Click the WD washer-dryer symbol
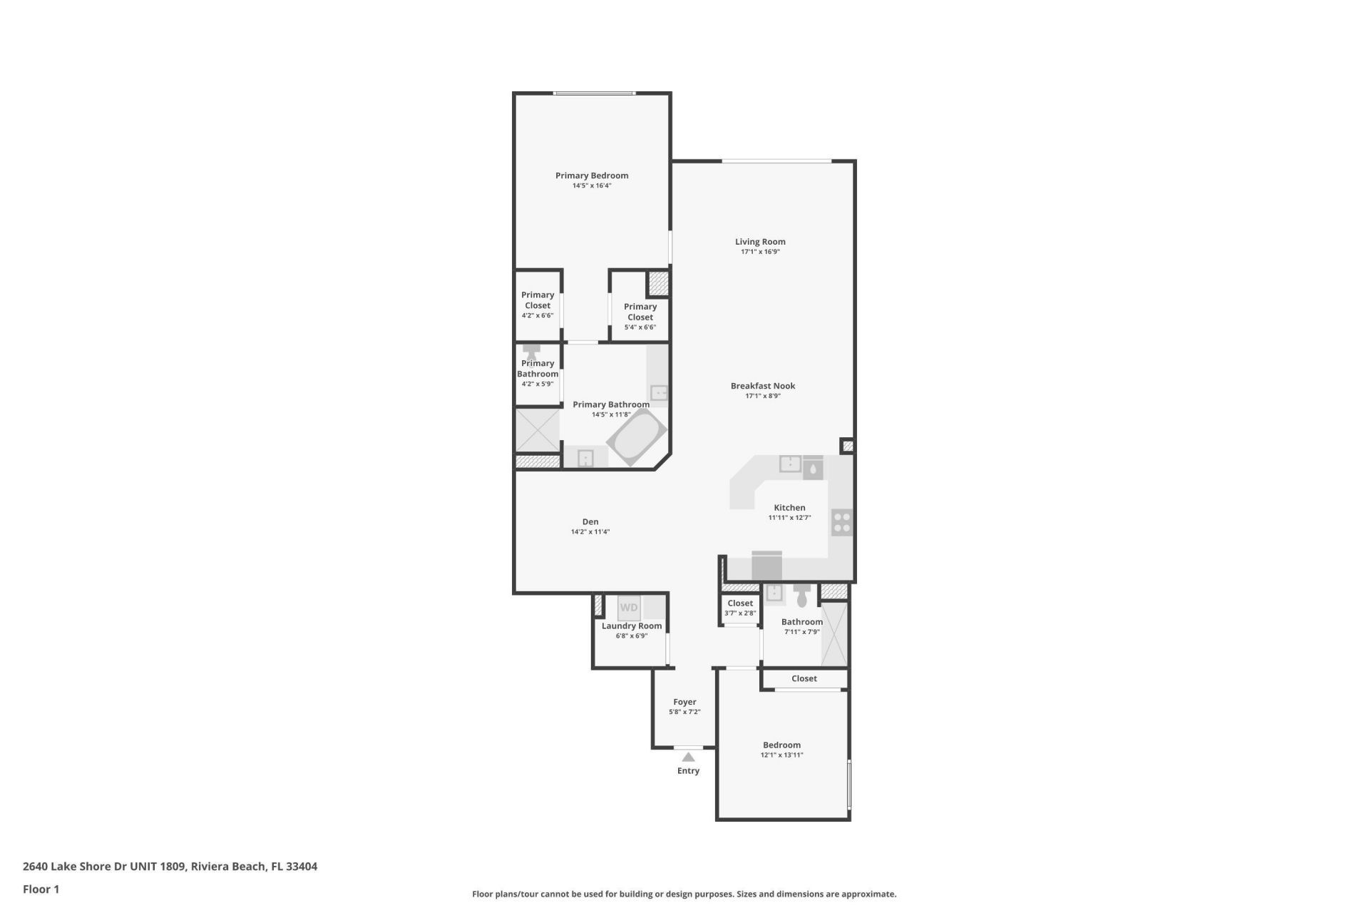coord(629,608)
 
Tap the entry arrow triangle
coord(688,757)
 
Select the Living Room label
coord(760,242)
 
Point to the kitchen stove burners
coord(841,523)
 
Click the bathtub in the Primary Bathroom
coord(637,437)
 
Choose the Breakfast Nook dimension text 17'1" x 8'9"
coord(762,396)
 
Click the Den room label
coord(590,521)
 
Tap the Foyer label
coord(684,702)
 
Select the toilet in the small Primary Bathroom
coord(531,352)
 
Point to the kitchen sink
coord(790,464)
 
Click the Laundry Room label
coord(631,626)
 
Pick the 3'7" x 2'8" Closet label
coord(740,608)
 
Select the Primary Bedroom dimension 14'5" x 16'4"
coord(592,185)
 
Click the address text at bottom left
coord(170,867)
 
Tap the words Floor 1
coord(41,889)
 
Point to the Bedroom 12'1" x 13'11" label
coord(781,749)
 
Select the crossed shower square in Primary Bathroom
coord(538,429)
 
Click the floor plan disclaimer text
coord(684,894)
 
